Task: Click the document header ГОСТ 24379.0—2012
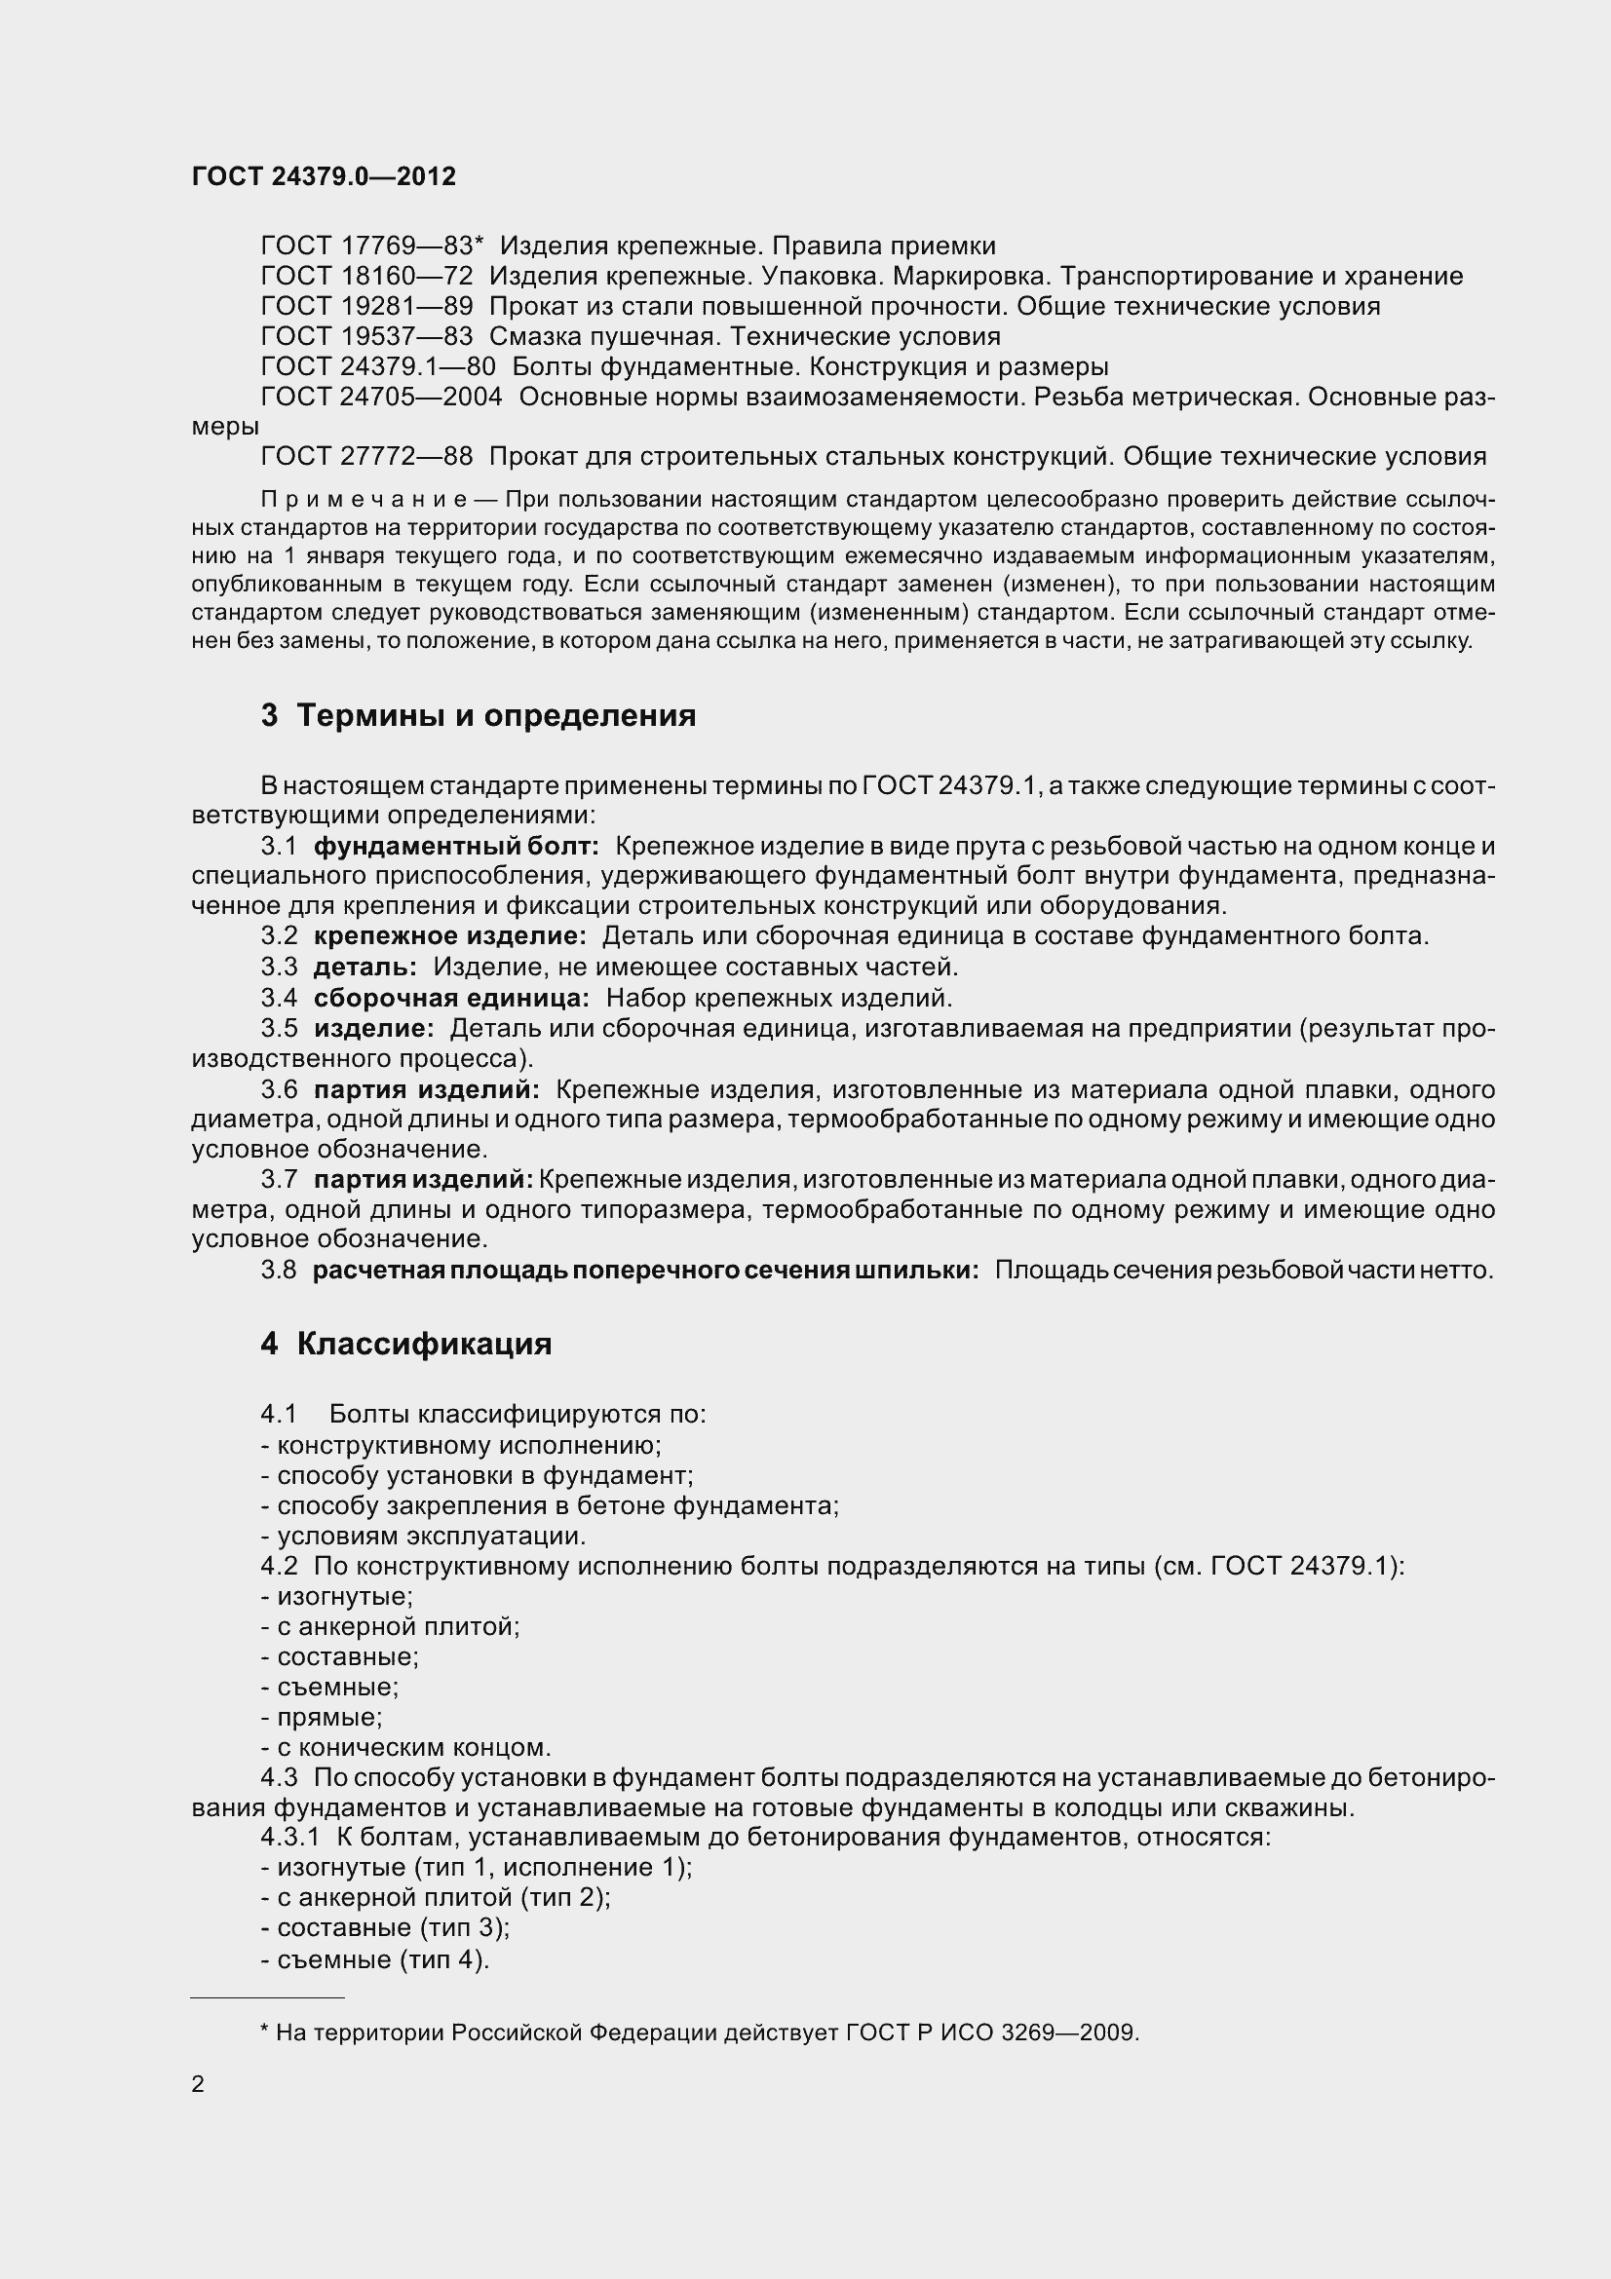[x=324, y=176]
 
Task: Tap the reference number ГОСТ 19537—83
[x=366, y=336]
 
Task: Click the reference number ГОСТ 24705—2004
[x=381, y=397]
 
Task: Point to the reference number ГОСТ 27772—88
[x=366, y=457]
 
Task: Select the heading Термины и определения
[x=496, y=716]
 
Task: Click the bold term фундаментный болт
[x=455, y=847]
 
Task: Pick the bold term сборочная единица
[x=451, y=998]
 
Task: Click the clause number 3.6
[x=279, y=1090]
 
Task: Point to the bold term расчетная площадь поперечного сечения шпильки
[x=645, y=1271]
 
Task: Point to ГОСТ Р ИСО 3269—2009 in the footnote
[x=991, y=2032]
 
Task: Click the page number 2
[x=198, y=2084]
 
